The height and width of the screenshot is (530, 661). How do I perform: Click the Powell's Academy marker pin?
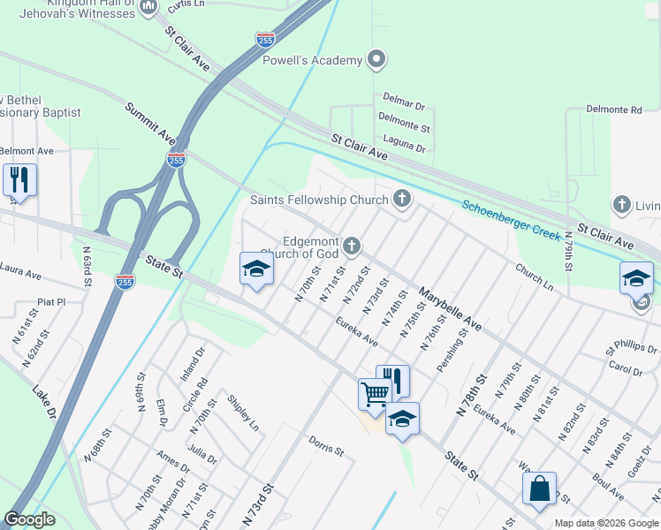click(377, 60)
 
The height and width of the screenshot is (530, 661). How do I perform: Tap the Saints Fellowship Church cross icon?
click(402, 199)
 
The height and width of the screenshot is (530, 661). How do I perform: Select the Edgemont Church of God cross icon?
click(352, 246)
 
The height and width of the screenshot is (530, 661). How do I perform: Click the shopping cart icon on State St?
click(375, 392)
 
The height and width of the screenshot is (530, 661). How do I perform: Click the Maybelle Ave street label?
click(451, 308)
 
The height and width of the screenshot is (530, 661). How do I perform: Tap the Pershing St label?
click(456, 344)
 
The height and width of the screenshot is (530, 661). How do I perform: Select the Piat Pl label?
click(51, 301)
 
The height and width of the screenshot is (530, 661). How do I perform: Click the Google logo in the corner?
click(29, 519)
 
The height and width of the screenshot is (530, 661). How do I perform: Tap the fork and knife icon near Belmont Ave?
click(18, 179)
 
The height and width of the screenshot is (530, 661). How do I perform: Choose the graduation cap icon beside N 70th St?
click(256, 268)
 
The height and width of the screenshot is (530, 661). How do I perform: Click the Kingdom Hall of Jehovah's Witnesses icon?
click(148, 7)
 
